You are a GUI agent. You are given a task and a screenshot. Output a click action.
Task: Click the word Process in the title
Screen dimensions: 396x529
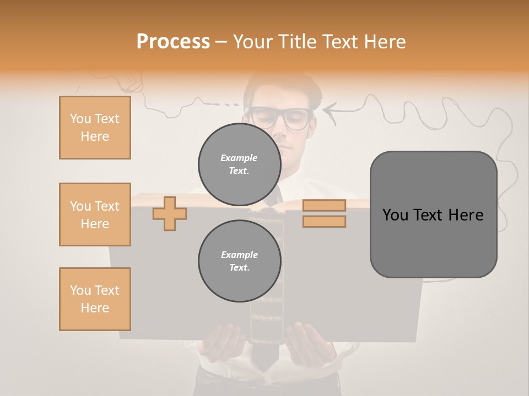click(173, 42)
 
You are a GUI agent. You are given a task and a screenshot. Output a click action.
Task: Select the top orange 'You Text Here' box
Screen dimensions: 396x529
click(95, 128)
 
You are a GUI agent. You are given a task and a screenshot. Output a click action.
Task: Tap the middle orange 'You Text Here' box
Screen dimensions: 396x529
click(95, 215)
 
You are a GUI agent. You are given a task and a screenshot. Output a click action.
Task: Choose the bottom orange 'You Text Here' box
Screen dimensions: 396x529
click(95, 299)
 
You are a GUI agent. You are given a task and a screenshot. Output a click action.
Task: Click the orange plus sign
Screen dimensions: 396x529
click(170, 214)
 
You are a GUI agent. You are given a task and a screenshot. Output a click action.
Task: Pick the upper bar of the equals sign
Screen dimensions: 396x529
click(324, 205)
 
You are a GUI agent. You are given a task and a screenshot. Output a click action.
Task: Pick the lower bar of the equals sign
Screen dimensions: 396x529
click(324, 221)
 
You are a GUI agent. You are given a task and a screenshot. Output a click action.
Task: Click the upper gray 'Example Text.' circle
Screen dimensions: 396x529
click(239, 164)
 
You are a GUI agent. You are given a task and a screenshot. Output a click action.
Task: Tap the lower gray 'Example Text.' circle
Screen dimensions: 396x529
click(239, 261)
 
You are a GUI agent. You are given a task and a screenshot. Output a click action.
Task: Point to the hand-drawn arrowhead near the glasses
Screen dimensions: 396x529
click(328, 111)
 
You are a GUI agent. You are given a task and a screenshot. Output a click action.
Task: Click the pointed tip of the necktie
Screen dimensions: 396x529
click(267, 367)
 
